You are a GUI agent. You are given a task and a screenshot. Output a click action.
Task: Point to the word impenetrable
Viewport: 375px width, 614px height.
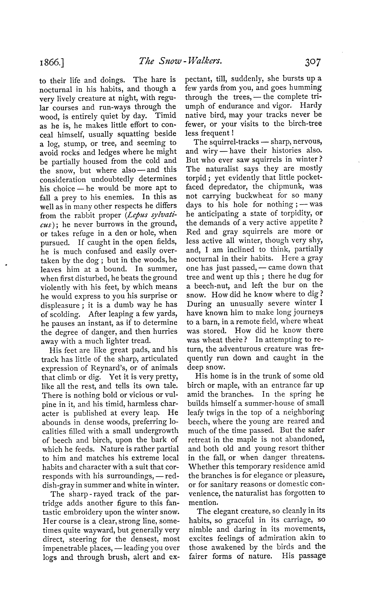[x=64, y=548]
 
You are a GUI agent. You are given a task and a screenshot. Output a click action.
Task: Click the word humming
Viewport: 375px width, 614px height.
[x=306, y=88]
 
